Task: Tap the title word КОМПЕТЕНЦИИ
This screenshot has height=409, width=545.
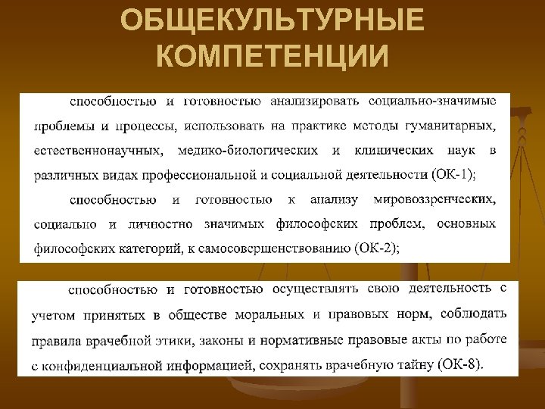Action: [272, 55]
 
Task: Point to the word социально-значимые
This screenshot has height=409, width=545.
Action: [433, 101]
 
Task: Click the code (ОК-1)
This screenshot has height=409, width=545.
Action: [453, 175]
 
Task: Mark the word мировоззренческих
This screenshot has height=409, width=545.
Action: [434, 199]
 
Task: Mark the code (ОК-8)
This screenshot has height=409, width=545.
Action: [459, 365]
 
